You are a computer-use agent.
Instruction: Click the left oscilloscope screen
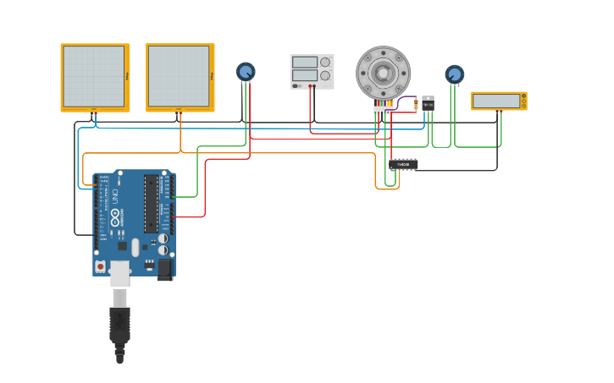pos(94,75)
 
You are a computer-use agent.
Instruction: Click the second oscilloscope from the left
pos(179,75)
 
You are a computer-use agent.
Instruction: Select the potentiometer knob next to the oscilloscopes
pos(246,72)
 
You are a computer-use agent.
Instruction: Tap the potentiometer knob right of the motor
pos(455,74)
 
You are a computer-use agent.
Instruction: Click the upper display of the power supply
pos(304,62)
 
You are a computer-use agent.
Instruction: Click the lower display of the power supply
pos(304,75)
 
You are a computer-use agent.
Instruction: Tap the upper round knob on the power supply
pos(325,62)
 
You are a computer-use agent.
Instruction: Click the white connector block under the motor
pos(383,109)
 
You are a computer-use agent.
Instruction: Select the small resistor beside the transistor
pos(416,105)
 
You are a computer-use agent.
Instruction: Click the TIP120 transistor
pos(428,103)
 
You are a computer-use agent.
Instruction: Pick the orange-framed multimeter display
pos(497,101)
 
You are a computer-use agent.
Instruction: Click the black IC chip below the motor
pos(403,164)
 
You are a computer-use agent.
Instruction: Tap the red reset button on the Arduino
pos(101,266)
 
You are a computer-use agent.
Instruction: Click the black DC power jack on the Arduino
pos(164,268)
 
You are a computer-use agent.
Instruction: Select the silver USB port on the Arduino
pos(120,272)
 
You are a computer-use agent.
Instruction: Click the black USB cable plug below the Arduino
pos(119,326)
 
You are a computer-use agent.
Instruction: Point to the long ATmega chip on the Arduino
pos(151,204)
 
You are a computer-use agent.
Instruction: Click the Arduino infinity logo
pos(115,216)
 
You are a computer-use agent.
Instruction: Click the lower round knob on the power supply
pos(325,75)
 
